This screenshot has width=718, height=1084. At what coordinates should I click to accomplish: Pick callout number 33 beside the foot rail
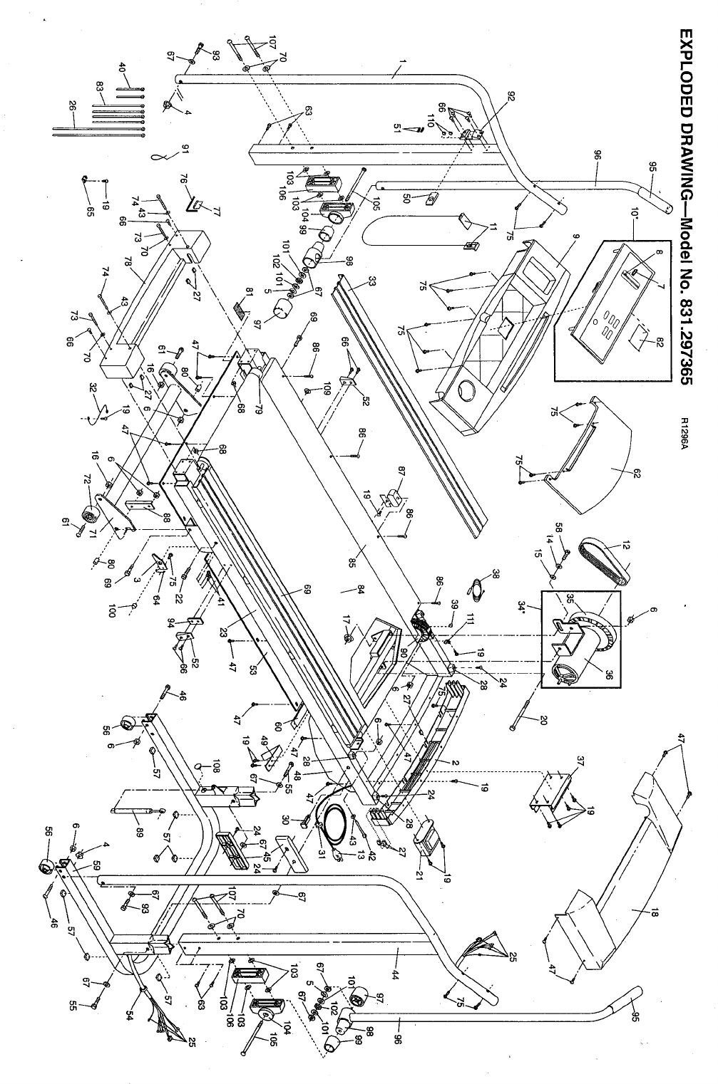point(371,281)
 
